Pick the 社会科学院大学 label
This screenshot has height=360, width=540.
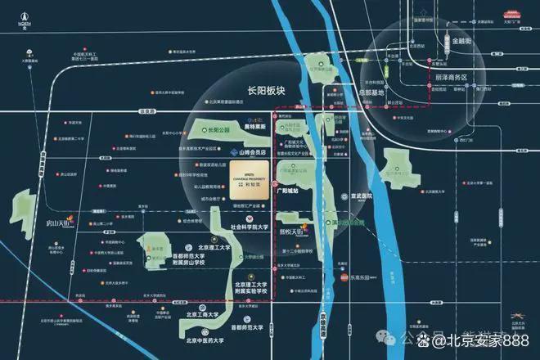(x=250, y=227)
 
